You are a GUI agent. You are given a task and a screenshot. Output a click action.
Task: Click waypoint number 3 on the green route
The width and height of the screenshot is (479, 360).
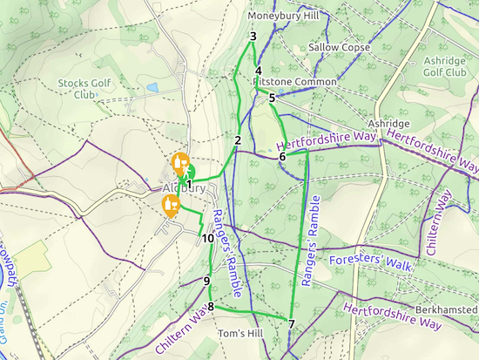(x=253, y=37)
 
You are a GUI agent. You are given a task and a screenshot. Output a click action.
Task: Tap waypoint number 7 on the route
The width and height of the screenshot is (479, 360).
(x=291, y=324)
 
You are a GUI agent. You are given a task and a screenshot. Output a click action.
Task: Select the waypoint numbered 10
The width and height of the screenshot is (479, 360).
(x=208, y=238)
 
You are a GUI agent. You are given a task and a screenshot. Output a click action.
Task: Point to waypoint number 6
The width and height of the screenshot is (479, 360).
(x=282, y=157)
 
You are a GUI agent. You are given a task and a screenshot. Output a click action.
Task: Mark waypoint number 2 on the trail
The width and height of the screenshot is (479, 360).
(x=237, y=139)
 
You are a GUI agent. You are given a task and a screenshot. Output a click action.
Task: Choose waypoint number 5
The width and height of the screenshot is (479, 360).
(x=272, y=98)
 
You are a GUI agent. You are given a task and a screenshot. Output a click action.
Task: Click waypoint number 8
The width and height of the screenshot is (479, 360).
(x=211, y=306)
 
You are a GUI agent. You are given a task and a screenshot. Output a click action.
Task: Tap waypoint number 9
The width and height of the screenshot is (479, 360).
(x=206, y=281)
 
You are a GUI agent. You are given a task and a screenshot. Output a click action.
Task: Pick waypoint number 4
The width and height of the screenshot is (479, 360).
(x=259, y=71)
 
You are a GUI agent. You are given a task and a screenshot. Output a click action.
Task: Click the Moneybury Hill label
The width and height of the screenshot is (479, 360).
(x=283, y=16)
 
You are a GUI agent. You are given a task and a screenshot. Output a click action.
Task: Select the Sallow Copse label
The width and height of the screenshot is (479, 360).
(x=333, y=47)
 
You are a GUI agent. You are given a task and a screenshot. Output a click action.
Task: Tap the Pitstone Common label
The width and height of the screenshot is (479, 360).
(x=295, y=82)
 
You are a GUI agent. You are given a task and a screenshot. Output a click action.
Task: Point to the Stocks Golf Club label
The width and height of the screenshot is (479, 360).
(x=84, y=89)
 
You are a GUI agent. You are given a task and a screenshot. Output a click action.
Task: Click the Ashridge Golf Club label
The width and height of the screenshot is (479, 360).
(x=445, y=67)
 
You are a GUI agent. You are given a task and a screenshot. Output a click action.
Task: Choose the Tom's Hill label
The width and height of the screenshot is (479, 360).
(x=239, y=335)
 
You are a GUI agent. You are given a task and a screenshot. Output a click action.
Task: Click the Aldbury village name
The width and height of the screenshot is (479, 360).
(x=184, y=188)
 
